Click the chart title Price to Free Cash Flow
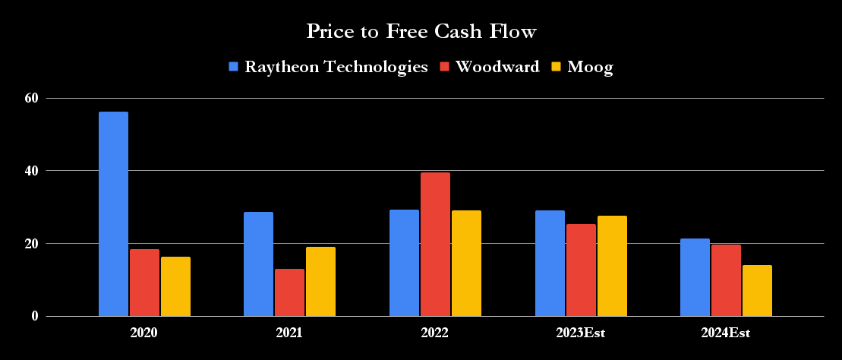pyautogui.click(x=421, y=31)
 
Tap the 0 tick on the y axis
pyautogui.click(x=34, y=316)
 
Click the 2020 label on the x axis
pyautogui.click(x=144, y=333)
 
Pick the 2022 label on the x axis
pyautogui.click(x=435, y=333)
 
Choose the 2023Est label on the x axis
pyautogui.click(x=581, y=333)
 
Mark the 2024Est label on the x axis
pyautogui.click(x=726, y=333)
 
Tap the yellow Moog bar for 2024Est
pyautogui.click(x=757, y=291)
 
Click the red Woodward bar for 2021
pyautogui.click(x=289, y=292)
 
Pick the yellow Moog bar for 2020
pyautogui.click(x=175, y=286)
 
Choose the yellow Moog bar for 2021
pyautogui.click(x=320, y=282)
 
